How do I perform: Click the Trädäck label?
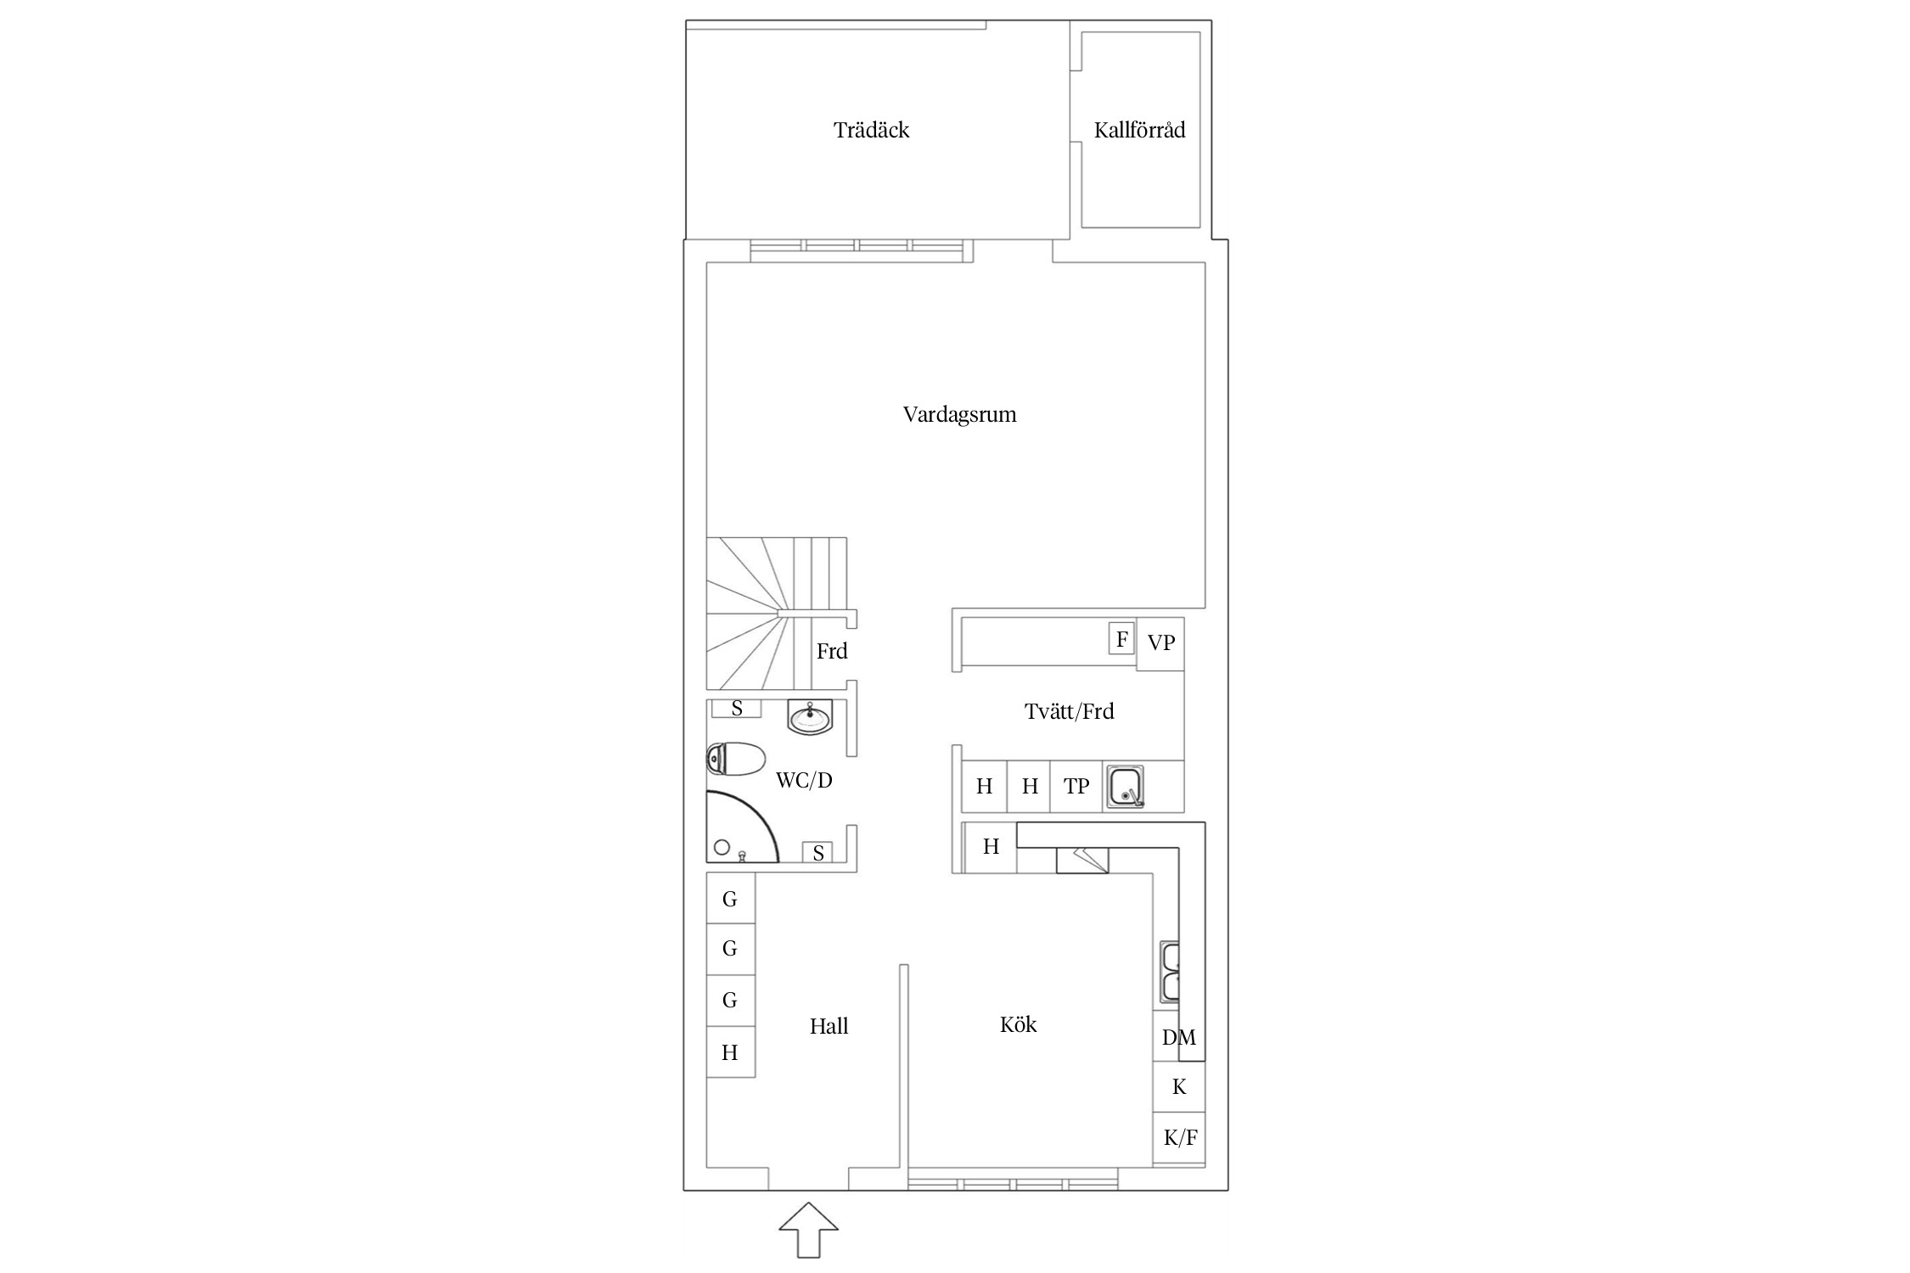[x=871, y=130]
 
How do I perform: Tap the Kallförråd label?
[x=1139, y=130]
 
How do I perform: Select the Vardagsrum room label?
[x=959, y=414]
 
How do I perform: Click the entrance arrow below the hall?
[x=808, y=1229]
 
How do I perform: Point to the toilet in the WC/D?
[x=736, y=759]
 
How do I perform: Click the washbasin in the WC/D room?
[x=810, y=718]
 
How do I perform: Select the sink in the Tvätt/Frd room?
[x=1125, y=786]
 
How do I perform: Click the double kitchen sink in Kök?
[x=1170, y=973]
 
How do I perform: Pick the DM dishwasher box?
[x=1178, y=1036]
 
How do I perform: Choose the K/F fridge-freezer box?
[x=1179, y=1138]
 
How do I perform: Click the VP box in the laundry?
[x=1160, y=643]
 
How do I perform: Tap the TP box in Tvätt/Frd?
[x=1076, y=787]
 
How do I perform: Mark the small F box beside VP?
[x=1121, y=638]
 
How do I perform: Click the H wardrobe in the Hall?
[x=730, y=1052]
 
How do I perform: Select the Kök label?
[x=1018, y=1025]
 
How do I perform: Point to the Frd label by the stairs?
[x=832, y=651]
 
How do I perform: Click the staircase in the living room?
[x=777, y=613]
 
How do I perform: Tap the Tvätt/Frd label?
[x=1069, y=711]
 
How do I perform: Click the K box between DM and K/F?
[x=1179, y=1087]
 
